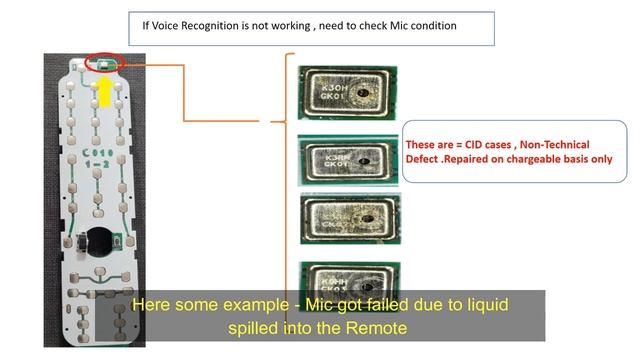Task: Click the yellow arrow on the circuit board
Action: [103, 91]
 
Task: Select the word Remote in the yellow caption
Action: [375, 327]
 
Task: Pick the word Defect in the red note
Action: [424, 159]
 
